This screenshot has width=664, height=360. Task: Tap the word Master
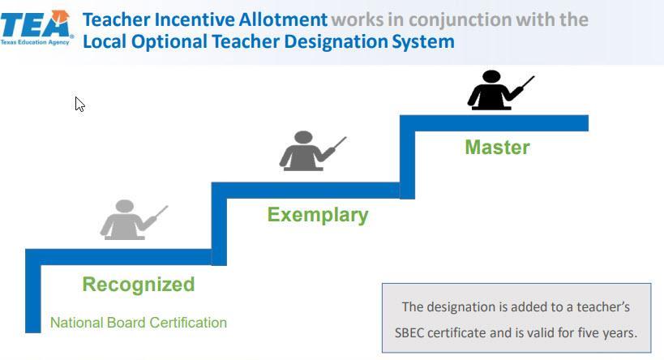click(x=497, y=148)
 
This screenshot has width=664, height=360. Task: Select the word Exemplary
click(x=318, y=215)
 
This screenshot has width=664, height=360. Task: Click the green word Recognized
click(x=138, y=285)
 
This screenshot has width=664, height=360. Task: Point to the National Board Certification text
click(x=139, y=323)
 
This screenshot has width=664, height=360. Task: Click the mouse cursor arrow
click(x=79, y=104)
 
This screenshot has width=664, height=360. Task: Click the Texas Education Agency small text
click(x=36, y=40)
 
